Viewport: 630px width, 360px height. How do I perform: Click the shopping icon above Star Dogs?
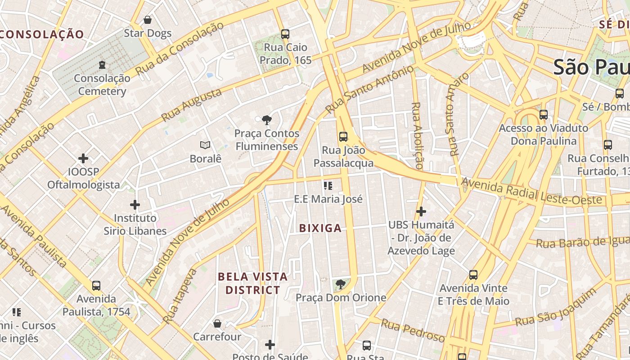tap(147, 20)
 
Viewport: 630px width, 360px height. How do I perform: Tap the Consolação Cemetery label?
tap(102, 85)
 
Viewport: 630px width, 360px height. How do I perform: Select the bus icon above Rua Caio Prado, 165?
tap(285, 34)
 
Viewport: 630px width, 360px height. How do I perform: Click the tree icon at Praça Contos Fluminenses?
tap(266, 120)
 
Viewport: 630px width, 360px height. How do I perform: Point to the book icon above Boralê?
tap(205, 145)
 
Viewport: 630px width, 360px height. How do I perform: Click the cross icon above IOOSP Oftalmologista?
tap(83, 158)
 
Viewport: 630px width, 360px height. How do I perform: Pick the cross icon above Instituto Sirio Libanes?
tap(135, 205)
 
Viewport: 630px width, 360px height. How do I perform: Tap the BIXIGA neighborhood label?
tap(320, 228)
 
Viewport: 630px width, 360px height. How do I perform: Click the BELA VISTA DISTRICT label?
tap(252, 283)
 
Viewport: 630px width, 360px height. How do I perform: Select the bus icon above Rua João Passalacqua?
tap(343, 136)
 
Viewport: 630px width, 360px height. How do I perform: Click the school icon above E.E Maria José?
tap(328, 185)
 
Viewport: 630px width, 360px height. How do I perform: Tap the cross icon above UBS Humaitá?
tap(421, 211)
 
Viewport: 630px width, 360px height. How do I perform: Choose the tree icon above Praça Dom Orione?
tap(341, 284)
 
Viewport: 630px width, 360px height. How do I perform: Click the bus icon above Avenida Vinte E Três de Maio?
tap(473, 274)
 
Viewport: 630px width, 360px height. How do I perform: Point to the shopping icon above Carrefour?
tap(217, 324)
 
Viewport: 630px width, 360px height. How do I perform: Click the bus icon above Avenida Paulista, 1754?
tap(96, 285)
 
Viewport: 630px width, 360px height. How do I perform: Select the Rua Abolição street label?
tap(417, 135)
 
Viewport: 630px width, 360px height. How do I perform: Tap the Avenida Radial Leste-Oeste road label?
tap(531, 192)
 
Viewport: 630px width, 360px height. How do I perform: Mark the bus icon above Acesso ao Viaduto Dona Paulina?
tap(544, 114)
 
